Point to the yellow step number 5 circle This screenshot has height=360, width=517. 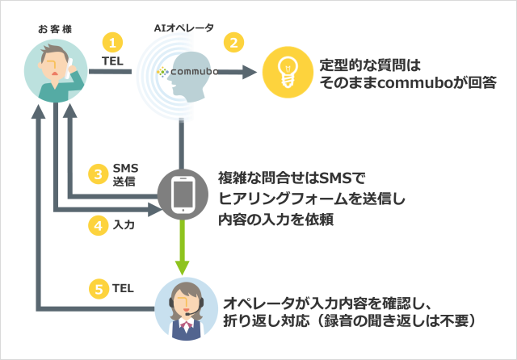[98, 287]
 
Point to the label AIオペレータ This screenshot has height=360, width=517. [183, 27]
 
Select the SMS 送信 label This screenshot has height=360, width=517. [125, 174]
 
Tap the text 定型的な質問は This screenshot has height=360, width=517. [371, 65]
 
